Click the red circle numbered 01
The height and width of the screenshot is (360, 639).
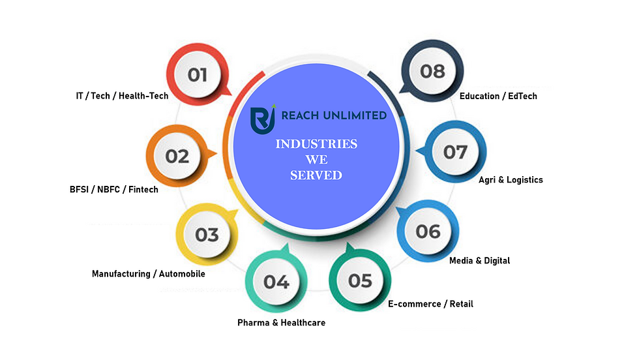[198, 74]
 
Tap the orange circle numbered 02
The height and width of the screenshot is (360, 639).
[177, 156]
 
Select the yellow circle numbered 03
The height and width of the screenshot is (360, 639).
[207, 234]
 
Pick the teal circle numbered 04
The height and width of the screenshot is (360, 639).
[276, 281]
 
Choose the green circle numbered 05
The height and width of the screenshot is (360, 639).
[360, 280]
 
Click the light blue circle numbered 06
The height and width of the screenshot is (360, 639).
[428, 231]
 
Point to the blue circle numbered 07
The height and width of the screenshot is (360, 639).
[455, 152]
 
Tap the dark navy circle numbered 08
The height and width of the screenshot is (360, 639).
[432, 71]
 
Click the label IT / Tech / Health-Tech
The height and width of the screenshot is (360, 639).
[122, 96]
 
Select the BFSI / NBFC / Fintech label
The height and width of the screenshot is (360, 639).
[113, 190]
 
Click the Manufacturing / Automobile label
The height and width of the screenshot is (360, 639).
[149, 273]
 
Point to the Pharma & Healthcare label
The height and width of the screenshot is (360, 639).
[281, 322]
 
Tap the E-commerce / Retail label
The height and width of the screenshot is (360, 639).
[430, 304]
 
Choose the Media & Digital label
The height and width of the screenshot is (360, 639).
[479, 260]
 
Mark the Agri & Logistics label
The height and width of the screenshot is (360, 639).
[511, 180]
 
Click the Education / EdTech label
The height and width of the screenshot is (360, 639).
[498, 97]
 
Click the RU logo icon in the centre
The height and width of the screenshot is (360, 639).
[263, 119]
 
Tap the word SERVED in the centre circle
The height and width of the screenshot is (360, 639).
[316, 175]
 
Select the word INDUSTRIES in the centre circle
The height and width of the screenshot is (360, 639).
[316, 144]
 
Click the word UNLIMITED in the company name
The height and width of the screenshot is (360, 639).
[355, 116]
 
